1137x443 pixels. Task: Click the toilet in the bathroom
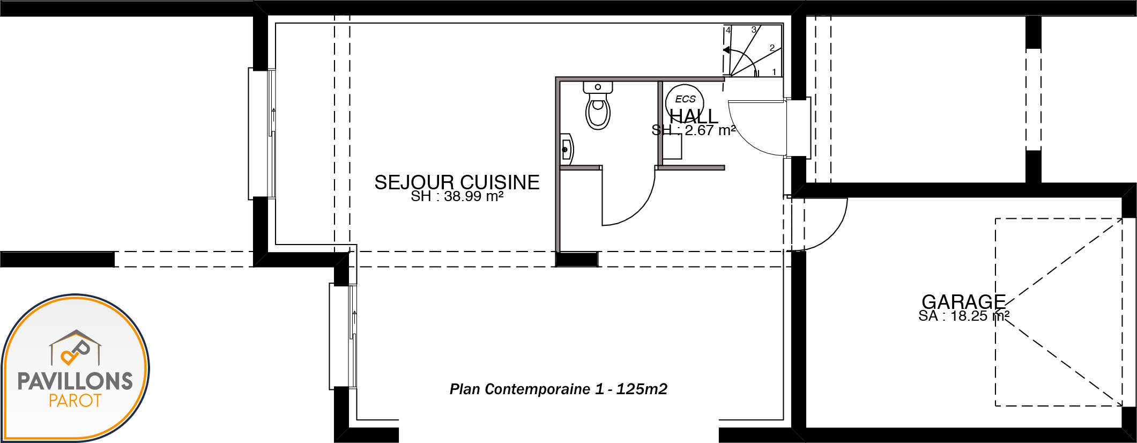(598, 106)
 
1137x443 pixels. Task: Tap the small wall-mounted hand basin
(567, 149)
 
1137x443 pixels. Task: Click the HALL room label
(694, 116)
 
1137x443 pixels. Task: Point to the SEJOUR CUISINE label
(457, 182)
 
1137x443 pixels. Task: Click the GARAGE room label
(963, 301)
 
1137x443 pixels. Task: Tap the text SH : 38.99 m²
(457, 196)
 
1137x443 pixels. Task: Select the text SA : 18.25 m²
(964, 316)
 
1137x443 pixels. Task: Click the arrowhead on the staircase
(726, 50)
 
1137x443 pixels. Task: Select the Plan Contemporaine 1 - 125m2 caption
(559, 389)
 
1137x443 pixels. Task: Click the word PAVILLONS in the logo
(75, 381)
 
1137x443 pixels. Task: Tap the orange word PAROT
(75, 401)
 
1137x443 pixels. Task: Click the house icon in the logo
(76, 348)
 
